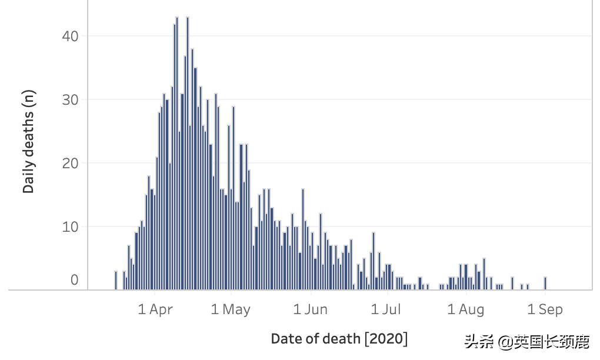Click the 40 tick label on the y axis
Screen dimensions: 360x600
tap(69, 36)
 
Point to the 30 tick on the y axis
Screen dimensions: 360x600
tap(69, 99)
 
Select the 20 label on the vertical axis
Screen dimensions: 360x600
tap(69, 163)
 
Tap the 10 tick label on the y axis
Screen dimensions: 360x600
tap(69, 226)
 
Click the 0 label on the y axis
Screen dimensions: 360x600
tap(74, 280)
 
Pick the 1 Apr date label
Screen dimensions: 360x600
tap(155, 309)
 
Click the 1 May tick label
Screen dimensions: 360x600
tap(231, 309)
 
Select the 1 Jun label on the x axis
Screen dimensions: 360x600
tap(310, 309)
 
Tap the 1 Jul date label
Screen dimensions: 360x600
tap(386, 309)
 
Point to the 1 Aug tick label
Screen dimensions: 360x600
tap(466, 309)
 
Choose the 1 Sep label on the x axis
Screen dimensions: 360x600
tap(545, 309)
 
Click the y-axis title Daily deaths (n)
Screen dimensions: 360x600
tap(29, 142)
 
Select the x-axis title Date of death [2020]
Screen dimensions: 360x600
tap(339, 339)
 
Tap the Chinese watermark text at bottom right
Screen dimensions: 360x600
tap(526, 342)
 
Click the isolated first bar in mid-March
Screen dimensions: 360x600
tap(116, 281)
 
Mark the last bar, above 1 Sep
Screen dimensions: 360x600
tap(545, 284)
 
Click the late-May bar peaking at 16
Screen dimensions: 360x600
tap(303, 239)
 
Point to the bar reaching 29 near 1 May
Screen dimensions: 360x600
tap(234, 198)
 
